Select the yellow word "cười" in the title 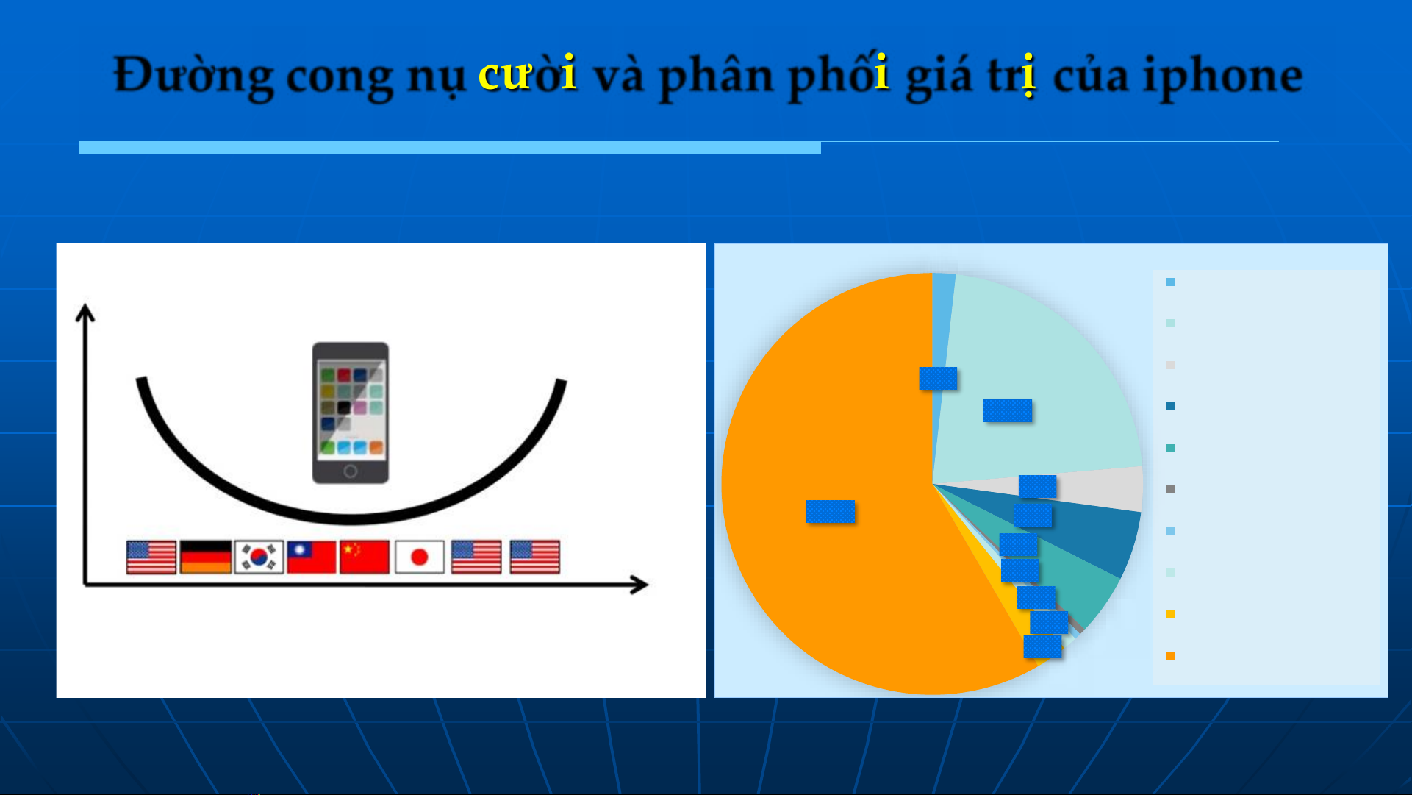tap(527, 74)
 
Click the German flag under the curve tap(206, 557)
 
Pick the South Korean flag tap(259, 557)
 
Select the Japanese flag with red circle tap(420, 557)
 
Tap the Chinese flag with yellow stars tap(365, 557)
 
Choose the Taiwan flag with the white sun tap(312, 557)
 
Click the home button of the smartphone tap(351, 471)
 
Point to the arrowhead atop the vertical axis tap(85, 312)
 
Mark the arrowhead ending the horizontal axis tap(639, 585)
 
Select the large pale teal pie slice tap(1029, 382)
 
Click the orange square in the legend tap(1170, 655)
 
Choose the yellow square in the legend tap(1170, 614)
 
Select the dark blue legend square tap(1170, 406)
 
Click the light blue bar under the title tap(450, 148)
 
